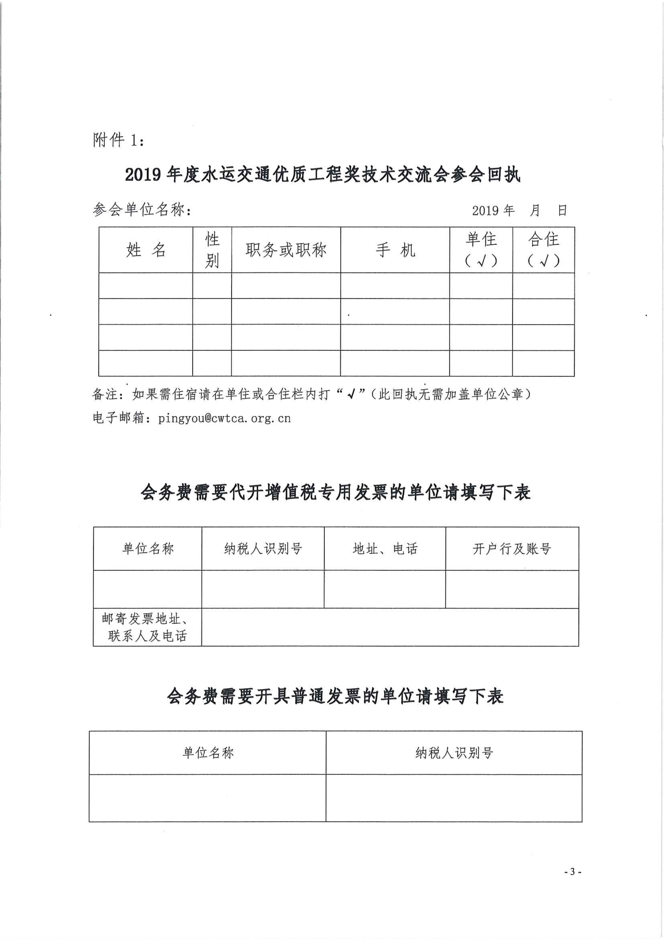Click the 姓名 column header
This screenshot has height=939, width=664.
(x=146, y=250)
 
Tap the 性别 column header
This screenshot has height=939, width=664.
(x=212, y=250)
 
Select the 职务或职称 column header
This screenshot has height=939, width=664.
(x=286, y=250)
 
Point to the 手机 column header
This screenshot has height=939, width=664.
(x=395, y=250)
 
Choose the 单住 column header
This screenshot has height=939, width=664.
(x=481, y=250)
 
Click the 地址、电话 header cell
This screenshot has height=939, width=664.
(x=385, y=548)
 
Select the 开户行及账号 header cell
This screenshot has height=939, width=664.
(x=512, y=548)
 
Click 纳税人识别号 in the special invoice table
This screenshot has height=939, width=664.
(x=263, y=548)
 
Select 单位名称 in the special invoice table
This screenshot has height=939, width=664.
(x=148, y=548)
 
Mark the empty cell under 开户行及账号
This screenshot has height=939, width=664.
(x=512, y=589)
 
